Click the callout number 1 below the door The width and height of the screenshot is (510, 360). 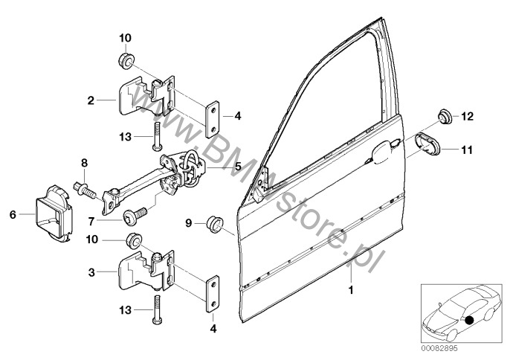pyautogui.click(x=351, y=289)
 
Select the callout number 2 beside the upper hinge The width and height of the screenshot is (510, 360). pyautogui.click(x=91, y=100)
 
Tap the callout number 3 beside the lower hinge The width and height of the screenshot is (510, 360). pyautogui.click(x=91, y=272)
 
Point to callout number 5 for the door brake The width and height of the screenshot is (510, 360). pyautogui.click(x=238, y=167)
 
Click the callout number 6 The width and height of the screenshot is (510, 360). pyautogui.click(x=13, y=214)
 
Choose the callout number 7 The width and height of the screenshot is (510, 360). pyautogui.click(x=91, y=222)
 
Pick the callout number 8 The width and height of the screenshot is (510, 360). pyautogui.click(x=84, y=163)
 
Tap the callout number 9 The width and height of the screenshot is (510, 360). pyautogui.click(x=189, y=223)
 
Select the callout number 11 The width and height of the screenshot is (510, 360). pyautogui.click(x=467, y=150)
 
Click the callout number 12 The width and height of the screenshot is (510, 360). pyautogui.click(x=468, y=116)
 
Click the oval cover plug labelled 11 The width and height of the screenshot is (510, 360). pyautogui.click(x=427, y=144)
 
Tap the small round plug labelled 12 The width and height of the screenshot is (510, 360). pyautogui.click(x=445, y=118)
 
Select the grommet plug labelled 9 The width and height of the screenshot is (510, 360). pyautogui.click(x=215, y=223)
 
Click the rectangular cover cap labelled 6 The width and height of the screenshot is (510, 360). pyautogui.click(x=54, y=214)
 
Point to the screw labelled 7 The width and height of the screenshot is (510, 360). pyautogui.click(x=135, y=215)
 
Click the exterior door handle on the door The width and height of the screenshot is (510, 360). pyautogui.click(x=385, y=150)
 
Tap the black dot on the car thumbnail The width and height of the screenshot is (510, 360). pyautogui.click(x=468, y=321)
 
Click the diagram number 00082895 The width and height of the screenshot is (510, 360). pyautogui.click(x=440, y=349)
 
